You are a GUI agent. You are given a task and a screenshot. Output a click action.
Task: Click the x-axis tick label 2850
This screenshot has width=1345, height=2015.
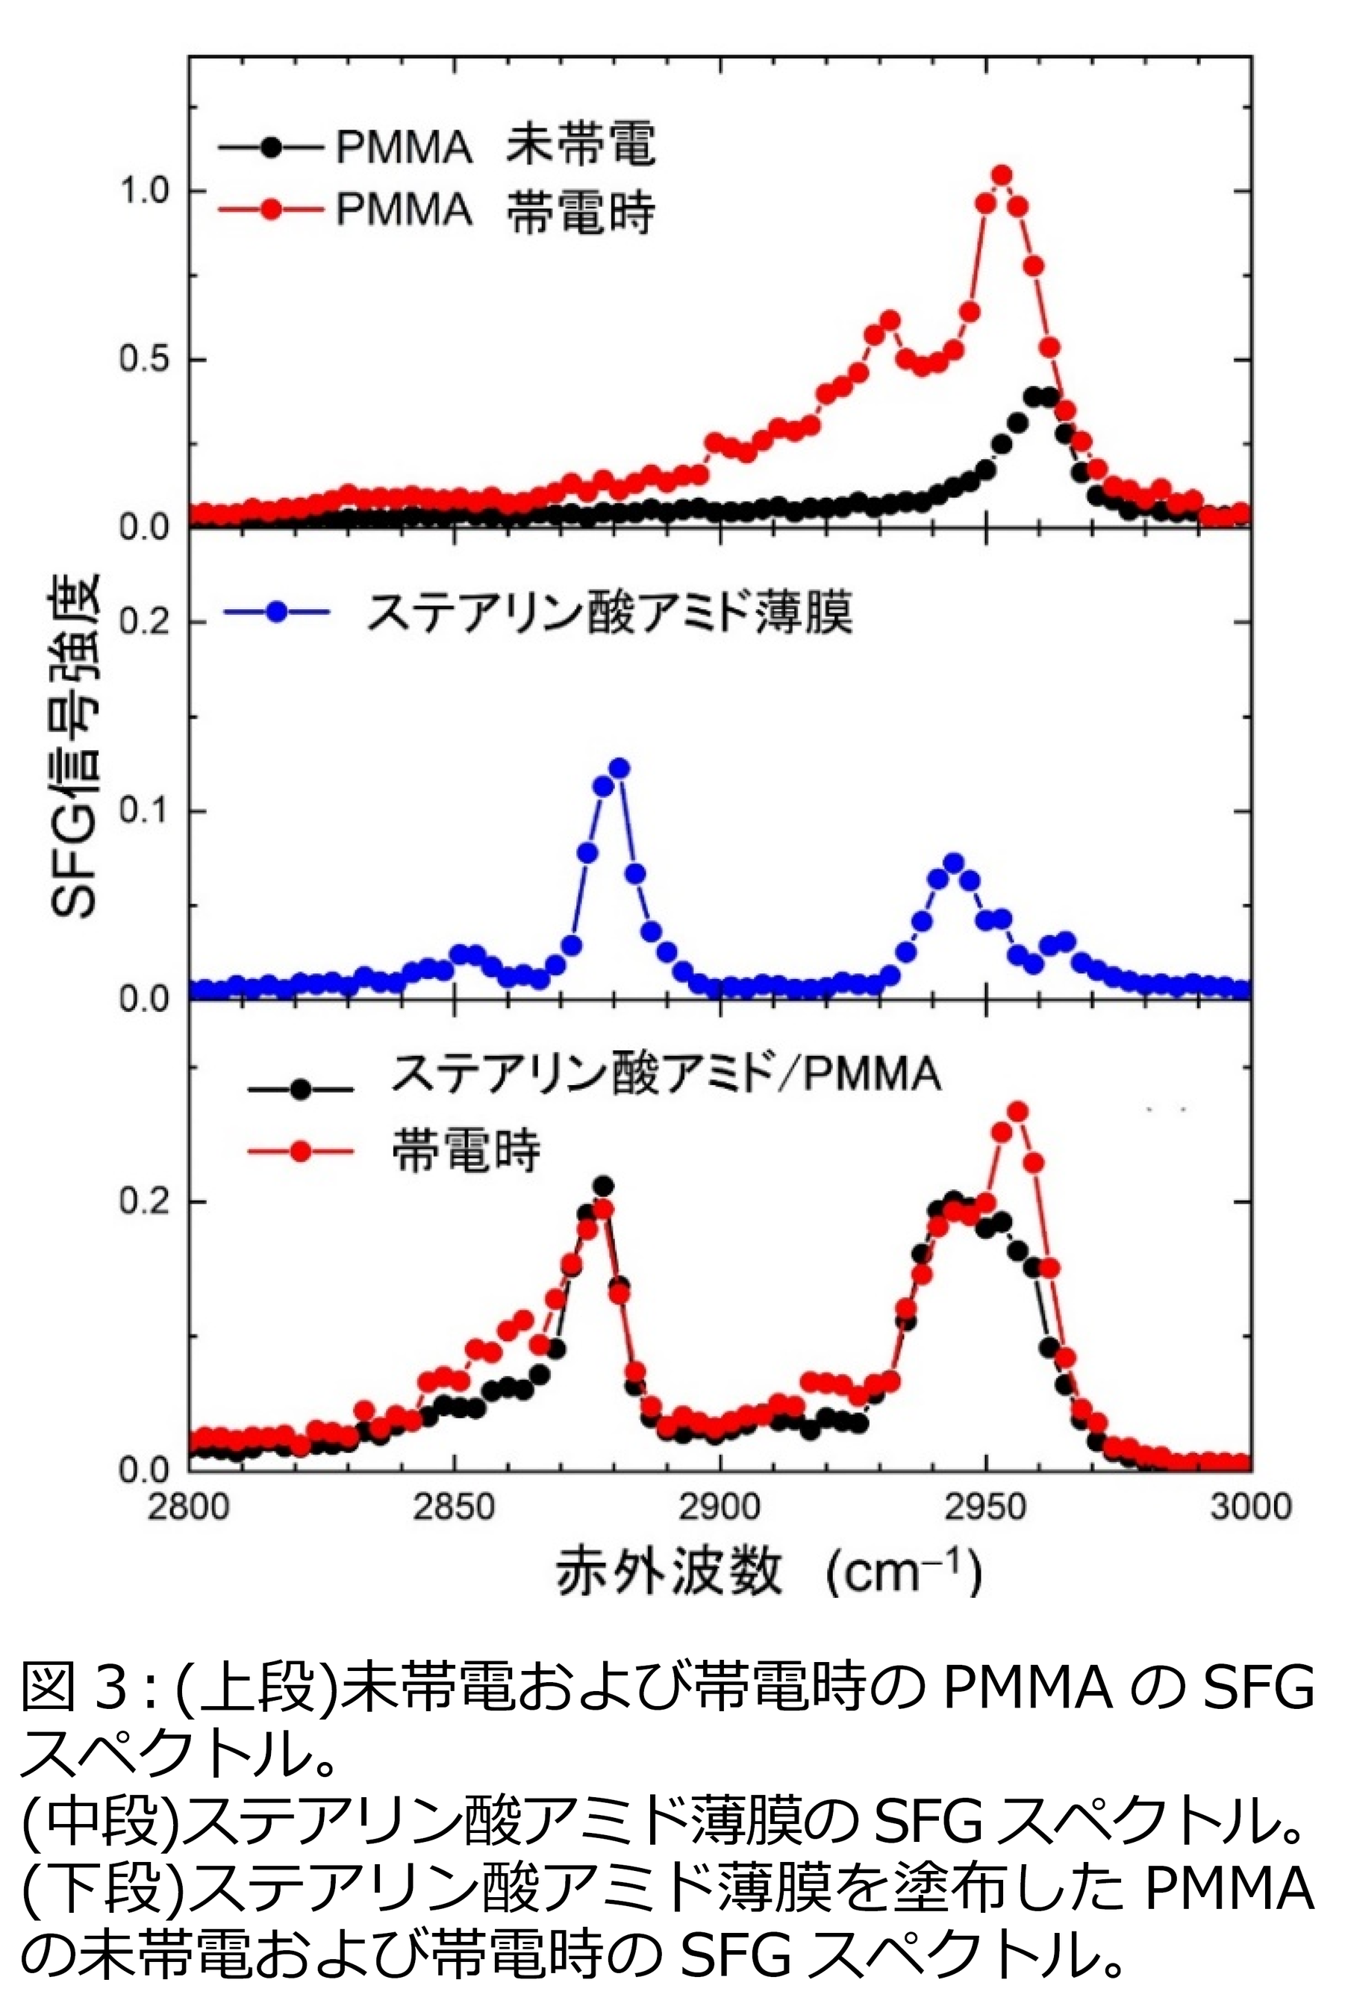coord(455,1507)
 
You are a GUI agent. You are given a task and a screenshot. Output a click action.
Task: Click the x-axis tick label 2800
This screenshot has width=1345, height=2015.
coord(189,1507)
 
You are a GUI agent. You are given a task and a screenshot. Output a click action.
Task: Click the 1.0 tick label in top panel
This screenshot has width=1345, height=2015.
coord(143,191)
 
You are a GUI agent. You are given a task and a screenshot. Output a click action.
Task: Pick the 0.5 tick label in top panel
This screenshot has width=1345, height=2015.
coord(143,359)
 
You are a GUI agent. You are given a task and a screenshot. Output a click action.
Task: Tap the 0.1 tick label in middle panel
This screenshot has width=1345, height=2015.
coord(143,810)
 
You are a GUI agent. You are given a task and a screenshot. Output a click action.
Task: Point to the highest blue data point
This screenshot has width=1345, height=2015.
coord(620,767)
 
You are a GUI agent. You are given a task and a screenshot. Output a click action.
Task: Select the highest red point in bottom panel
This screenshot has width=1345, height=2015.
coord(1017,1111)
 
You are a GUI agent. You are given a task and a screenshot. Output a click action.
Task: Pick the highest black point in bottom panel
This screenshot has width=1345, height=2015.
coord(603,1186)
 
